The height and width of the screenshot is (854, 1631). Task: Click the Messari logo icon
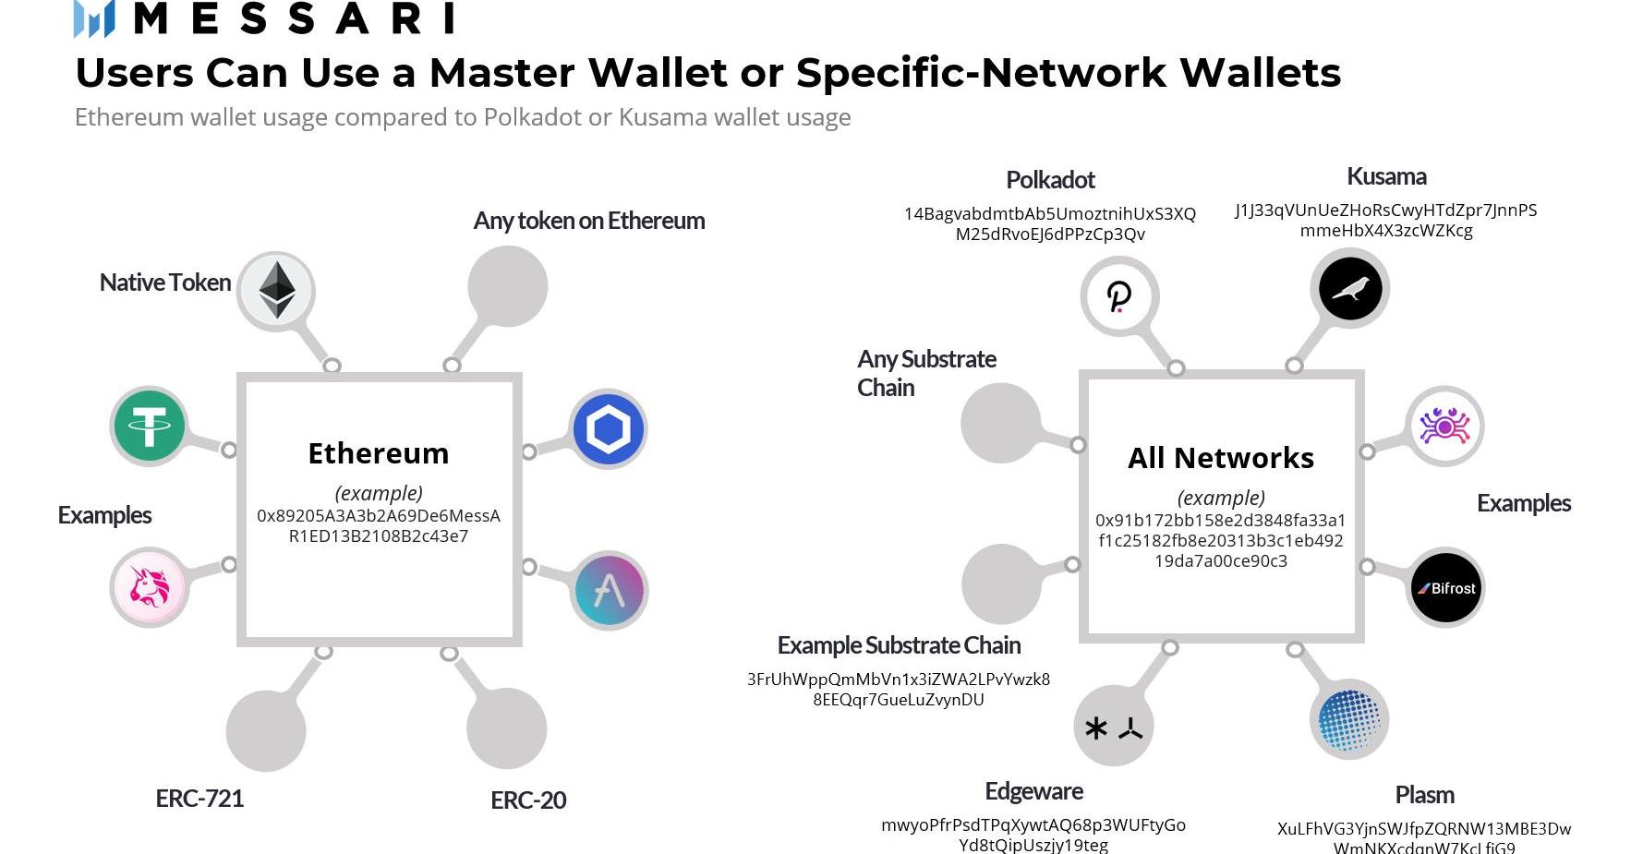click(x=94, y=18)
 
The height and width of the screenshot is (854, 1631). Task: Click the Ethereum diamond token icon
click(x=277, y=290)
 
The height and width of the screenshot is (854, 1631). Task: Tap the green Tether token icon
click(x=149, y=426)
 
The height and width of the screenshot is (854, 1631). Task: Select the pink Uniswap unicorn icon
click(x=149, y=586)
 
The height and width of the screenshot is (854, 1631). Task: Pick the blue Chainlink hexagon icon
click(x=608, y=429)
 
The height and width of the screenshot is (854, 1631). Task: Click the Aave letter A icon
click(x=609, y=590)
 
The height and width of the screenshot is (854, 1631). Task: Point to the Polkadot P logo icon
click(x=1119, y=296)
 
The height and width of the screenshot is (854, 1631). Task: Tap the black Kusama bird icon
click(x=1349, y=289)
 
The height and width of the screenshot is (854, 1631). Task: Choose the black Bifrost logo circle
click(x=1445, y=588)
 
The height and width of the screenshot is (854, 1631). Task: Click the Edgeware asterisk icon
click(x=1114, y=728)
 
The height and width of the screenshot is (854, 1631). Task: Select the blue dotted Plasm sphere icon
click(x=1349, y=719)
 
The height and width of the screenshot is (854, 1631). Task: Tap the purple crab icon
click(x=1444, y=427)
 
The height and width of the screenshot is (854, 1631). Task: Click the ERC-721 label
click(x=199, y=799)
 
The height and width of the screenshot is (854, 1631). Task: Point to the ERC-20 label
click(x=528, y=800)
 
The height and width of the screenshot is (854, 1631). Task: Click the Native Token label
click(x=165, y=283)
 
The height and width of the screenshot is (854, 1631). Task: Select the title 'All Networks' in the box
click(x=1221, y=458)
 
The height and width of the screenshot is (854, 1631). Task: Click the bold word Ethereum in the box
click(x=379, y=453)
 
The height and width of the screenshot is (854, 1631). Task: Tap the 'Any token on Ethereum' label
click(x=589, y=221)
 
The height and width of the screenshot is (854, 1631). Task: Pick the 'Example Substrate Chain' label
click(x=899, y=645)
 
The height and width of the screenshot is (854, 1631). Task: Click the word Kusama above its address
click(x=1386, y=176)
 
